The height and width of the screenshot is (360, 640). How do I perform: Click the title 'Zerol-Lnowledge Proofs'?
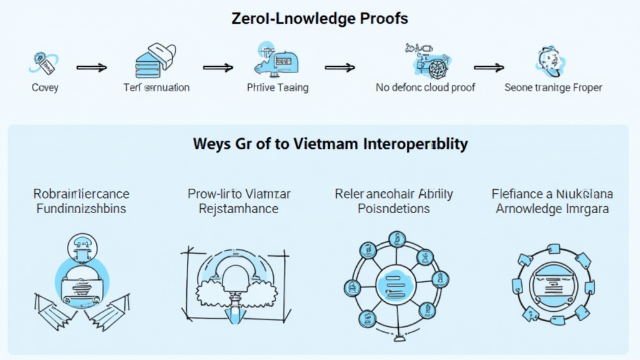pos(319,18)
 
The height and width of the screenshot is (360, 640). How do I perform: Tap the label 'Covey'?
pos(45,87)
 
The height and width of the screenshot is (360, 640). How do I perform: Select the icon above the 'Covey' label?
pos(44,62)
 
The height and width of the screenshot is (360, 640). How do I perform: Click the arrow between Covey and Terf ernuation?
pos(91,66)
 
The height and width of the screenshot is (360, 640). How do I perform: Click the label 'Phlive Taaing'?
pos(277,87)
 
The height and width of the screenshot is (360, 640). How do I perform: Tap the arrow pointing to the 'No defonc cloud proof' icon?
pos(339,67)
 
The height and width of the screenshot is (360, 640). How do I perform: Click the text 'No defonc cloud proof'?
pos(425,87)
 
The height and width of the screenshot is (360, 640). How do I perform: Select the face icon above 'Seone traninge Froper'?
pos(551,61)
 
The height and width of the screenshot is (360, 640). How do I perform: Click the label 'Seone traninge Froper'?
pos(553,87)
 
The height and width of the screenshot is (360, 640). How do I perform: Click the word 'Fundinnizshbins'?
pos(81,208)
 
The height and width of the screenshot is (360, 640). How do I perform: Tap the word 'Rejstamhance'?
pos(239,208)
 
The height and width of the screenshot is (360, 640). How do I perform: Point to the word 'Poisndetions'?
pos(393,208)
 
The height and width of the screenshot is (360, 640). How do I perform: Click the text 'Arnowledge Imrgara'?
pos(550,208)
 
